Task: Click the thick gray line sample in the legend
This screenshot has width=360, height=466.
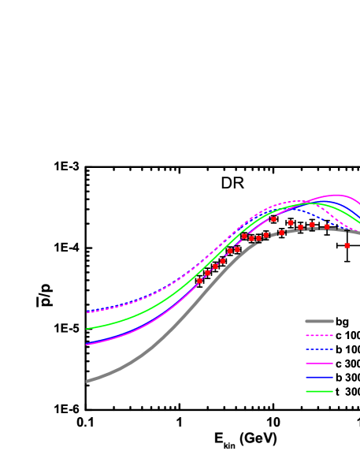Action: coord(319,321)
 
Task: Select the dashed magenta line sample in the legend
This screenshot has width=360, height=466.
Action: coord(319,335)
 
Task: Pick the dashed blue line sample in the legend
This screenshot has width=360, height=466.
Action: coord(319,349)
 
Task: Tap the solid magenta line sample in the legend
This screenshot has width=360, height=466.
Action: coord(319,363)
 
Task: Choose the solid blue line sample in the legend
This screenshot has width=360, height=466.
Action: coord(319,378)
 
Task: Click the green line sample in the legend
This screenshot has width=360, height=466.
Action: coord(319,392)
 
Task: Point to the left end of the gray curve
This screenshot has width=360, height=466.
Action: coord(87,381)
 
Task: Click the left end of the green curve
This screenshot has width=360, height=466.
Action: coord(87,329)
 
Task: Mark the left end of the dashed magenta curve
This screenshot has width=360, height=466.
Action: coord(87,312)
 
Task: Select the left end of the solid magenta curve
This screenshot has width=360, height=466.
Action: coord(87,344)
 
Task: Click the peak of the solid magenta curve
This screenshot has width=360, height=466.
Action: coord(336,195)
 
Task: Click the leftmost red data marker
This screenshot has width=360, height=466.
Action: coord(200,281)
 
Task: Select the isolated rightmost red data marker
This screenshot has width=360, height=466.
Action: coord(347,245)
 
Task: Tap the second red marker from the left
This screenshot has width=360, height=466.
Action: coord(207,274)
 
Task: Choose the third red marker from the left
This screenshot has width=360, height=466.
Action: coord(215,267)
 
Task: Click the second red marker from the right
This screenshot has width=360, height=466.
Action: coord(327,227)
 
